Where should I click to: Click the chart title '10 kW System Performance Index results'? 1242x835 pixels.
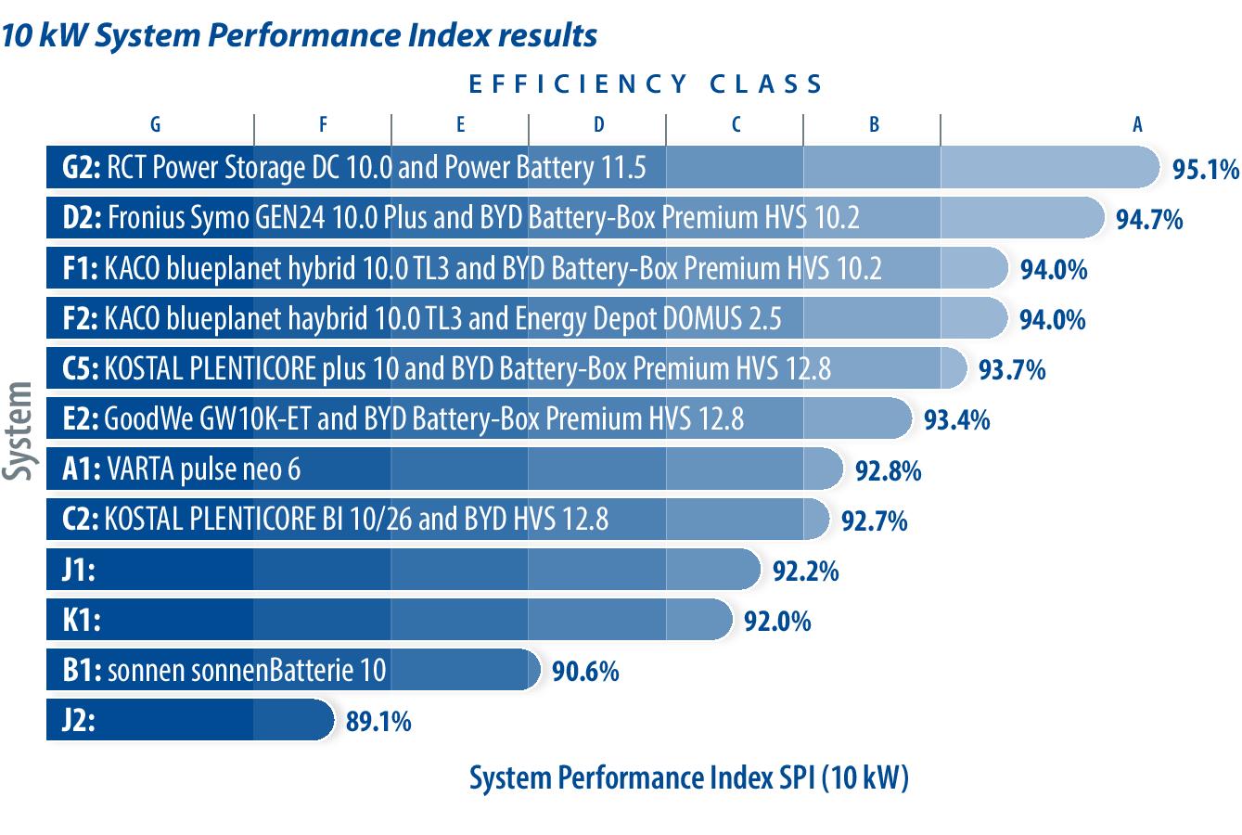299,35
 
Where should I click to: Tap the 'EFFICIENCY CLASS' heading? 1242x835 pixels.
646,84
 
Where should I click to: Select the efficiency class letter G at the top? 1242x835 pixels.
155,125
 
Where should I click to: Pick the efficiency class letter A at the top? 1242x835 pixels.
1137,125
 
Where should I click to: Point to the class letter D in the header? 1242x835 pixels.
598,125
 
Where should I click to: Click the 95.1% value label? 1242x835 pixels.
1205,170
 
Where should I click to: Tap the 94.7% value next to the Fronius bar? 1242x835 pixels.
1149,220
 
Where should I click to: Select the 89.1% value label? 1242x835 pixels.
378,722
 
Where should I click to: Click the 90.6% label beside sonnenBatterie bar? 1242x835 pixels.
585,672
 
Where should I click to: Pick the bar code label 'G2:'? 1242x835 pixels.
82,169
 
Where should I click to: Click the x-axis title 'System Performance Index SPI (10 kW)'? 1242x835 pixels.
688,777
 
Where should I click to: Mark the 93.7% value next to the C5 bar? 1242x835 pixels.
1012,370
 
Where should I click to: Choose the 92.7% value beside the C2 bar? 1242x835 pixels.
874,520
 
